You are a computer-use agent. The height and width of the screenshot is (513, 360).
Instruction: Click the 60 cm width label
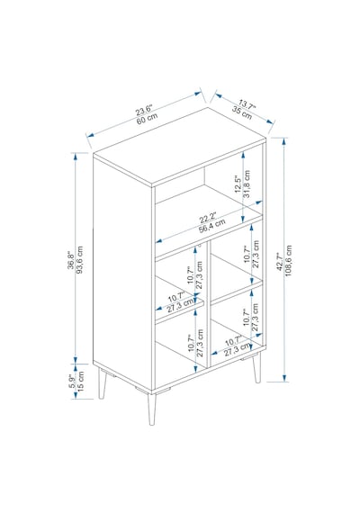point(147,118)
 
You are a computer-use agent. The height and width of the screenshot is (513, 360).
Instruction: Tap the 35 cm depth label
point(242,112)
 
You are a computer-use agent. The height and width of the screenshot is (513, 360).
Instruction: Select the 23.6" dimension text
point(144,110)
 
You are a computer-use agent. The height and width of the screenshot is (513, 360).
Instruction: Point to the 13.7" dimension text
point(247,104)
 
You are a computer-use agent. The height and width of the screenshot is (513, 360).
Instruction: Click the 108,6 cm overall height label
point(288,260)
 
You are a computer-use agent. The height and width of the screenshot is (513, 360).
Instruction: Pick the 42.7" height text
point(280,261)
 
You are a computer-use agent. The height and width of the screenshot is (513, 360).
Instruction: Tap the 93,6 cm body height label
point(79,260)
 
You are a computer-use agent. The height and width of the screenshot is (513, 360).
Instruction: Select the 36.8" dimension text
point(71,260)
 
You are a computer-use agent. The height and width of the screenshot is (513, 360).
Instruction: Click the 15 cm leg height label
point(80,381)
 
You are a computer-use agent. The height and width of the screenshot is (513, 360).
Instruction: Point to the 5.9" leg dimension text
point(72,382)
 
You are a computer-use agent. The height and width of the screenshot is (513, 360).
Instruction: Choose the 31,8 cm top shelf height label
point(247,184)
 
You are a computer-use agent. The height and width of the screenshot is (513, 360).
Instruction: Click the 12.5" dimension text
point(238,184)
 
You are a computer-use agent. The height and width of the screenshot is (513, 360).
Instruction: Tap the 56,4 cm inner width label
point(212,226)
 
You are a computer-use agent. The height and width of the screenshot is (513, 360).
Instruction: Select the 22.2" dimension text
point(208,218)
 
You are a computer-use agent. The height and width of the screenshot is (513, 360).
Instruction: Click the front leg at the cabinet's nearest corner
point(151,409)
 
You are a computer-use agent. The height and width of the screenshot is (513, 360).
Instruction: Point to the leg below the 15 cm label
point(103,383)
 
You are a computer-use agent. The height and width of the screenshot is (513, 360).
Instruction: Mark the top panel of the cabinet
point(179,147)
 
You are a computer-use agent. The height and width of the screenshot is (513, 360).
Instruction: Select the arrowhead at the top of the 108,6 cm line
point(284,141)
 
